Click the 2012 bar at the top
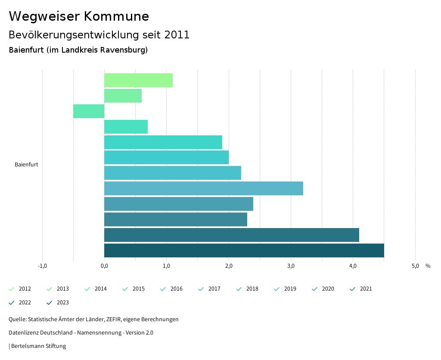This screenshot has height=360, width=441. click(138, 80)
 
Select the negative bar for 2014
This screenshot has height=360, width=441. click(89, 111)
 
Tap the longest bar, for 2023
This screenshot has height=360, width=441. click(244, 250)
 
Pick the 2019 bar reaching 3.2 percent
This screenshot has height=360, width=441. click(203, 188)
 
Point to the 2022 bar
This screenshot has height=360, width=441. click(231, 235)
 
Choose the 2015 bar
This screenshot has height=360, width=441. click(126, 127)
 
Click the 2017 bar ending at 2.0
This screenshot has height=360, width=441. click(166, 157)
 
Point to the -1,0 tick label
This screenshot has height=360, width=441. click(42, 266)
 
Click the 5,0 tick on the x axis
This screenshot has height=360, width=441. click(415, 266)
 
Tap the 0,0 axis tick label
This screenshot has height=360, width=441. click(104, 266)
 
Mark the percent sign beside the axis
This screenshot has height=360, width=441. click(428, 266)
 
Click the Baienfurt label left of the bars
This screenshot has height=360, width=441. click(26, 165)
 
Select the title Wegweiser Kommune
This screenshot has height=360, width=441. click(79, 16)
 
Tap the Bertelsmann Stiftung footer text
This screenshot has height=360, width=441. click(38, 346)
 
